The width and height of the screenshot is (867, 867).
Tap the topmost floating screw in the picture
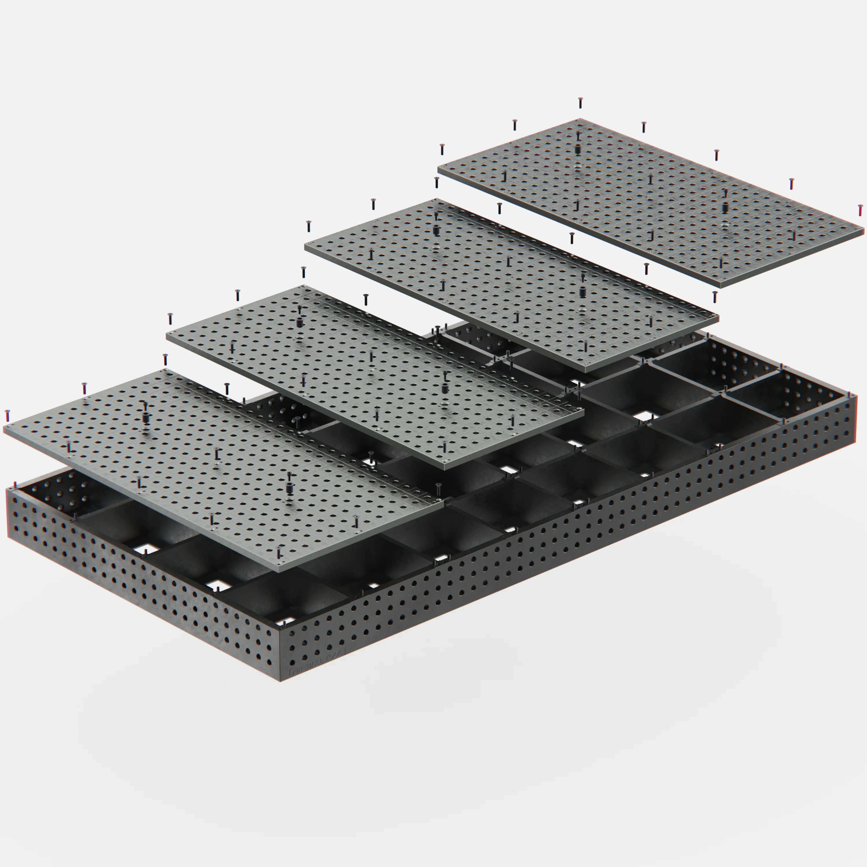pos(580,103)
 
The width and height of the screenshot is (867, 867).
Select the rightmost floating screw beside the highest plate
pos(860,210)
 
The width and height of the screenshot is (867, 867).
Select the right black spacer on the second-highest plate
pos(583,291)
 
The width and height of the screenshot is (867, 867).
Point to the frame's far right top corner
pos(856,396)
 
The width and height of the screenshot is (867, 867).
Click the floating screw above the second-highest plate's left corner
pos(308,226)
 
